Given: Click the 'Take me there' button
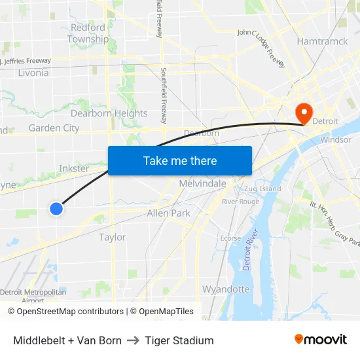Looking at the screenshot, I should click(x=180, y=160).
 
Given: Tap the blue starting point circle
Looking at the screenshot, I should click(x=56, y=209).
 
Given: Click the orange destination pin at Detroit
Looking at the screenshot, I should click(x=304, y=113).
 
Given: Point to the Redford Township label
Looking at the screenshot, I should click(x=88, y=33).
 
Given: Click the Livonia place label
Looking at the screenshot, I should click(x=33, y=73).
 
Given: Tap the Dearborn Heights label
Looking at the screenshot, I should click(x=109, y=113).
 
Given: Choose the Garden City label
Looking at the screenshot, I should click(x=54, y=128).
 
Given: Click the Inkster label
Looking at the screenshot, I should click(x=74, y=168).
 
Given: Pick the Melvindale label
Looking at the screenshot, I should click(x=203, y=184).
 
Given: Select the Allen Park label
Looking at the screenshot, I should click(x=168, y=213).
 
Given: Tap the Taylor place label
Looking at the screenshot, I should click(x=113, y=237).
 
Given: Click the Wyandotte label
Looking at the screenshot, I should click(x=226, y=289).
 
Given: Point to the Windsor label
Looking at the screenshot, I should click(x=336, y=139).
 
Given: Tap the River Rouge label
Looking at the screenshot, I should click(x=240, y=202).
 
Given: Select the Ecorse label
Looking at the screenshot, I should click(x=230, y=238).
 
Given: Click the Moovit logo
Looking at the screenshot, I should click(x=321, y=340).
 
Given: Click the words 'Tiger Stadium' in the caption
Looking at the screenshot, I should click(x=179, y=340).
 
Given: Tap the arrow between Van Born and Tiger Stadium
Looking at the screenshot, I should click(x=134, y=340).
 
